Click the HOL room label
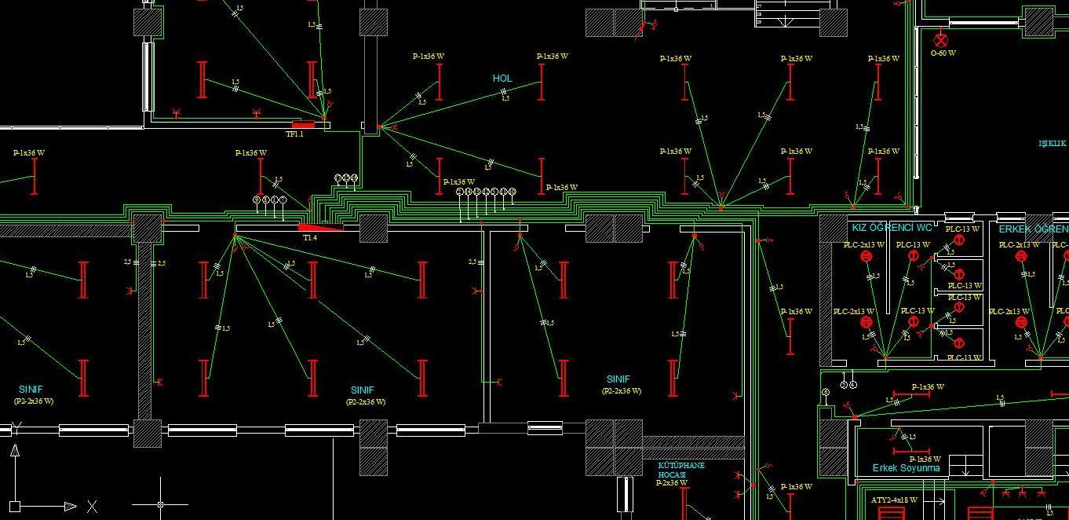(x=502, y=79)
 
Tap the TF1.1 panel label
(x=294, y=134)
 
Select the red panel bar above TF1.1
(x=303, y=124)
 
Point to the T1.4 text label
(x=310, y=237)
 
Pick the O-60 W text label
(x=943, y=53)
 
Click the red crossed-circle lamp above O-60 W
(x=941, y=38)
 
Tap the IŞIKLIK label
(x=1053, y=144)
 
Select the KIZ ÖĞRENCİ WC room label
(x=892, y=228)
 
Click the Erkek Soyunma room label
(x=906, y=468)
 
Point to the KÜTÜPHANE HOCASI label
(x=680, y=470)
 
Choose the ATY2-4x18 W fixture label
(x=894, y=500)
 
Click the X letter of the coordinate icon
(x=92, y=507)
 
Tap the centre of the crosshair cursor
(x=161, y=504)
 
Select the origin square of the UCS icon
(x=15, y=506)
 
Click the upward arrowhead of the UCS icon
(x=15, y=451)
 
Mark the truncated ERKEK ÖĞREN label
(x=1033, y=229)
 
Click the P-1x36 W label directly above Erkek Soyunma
(x=925, y=459)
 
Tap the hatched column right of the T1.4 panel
(x=374, y=228)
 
